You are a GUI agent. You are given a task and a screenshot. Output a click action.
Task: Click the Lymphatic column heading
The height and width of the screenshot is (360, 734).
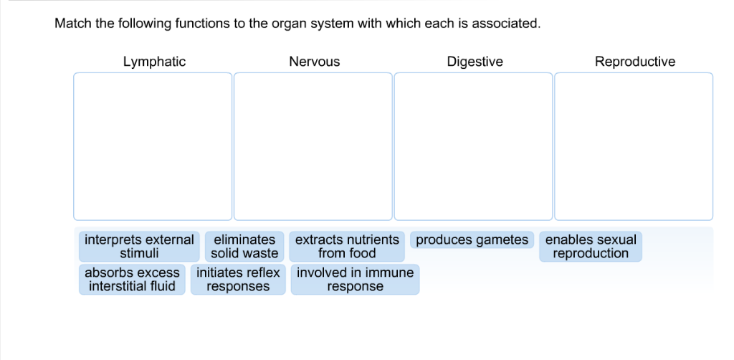154,62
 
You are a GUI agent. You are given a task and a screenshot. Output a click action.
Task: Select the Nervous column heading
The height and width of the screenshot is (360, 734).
314,62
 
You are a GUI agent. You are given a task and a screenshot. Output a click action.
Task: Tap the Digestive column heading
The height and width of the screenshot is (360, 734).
475,62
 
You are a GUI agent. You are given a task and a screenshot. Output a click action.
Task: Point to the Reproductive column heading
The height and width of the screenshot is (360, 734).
634,62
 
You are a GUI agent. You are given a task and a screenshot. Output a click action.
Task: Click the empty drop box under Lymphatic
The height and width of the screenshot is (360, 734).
153,146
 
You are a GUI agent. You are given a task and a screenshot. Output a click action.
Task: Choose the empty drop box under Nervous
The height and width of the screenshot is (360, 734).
313,146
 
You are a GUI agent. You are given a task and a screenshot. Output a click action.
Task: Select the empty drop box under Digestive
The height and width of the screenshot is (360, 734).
473,146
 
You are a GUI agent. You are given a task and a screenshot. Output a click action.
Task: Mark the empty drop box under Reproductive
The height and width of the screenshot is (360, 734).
634,146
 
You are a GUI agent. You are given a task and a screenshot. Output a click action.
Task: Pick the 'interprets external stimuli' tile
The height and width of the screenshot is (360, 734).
139,246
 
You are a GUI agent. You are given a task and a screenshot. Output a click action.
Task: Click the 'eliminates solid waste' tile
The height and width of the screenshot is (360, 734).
244,246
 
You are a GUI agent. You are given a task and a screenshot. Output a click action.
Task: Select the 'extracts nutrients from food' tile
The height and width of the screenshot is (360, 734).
347,246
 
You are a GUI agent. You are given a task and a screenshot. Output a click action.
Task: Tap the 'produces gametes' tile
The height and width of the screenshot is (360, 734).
472,240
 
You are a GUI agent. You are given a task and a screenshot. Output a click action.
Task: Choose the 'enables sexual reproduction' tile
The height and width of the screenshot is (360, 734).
591,246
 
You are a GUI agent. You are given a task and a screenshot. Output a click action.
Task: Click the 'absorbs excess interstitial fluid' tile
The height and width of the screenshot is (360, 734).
132,280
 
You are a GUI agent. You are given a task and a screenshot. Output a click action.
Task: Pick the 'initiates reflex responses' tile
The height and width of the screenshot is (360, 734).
238,280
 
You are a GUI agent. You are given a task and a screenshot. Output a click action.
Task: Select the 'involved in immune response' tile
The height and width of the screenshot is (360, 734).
355,280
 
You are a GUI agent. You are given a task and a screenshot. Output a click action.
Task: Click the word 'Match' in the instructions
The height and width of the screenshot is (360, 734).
73,24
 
